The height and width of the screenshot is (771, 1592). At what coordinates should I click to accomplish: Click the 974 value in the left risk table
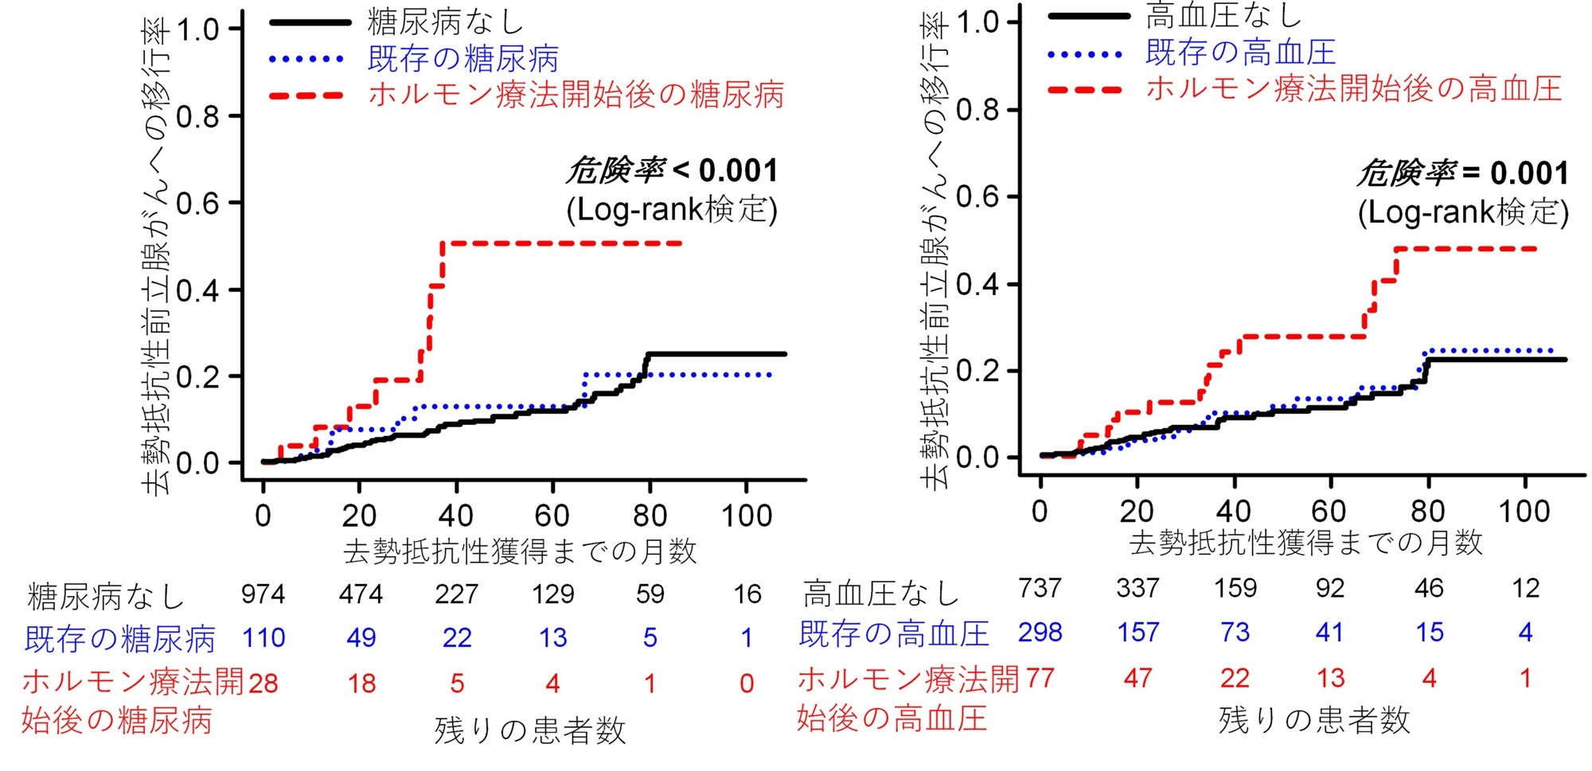click(263, 594)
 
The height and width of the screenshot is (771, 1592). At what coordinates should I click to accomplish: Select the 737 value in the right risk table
click(1040, 588)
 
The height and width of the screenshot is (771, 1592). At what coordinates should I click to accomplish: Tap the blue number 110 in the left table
click(263, 637)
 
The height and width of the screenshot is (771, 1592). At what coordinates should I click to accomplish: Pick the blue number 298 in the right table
click(1040, 633)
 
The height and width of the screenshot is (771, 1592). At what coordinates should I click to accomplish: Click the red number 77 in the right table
click(1040, 678)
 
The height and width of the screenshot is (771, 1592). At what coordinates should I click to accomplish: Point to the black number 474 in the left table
click(361, 594)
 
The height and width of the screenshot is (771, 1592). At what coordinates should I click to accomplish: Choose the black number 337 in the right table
click(1137, 588)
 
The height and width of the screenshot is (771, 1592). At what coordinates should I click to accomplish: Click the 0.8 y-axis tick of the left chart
click(197, 117)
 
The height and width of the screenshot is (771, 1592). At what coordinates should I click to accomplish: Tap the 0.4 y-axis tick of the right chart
click(977, 284)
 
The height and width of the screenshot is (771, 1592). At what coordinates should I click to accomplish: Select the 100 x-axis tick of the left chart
click(747, 516)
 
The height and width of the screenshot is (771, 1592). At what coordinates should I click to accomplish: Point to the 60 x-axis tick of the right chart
click(1329, 511)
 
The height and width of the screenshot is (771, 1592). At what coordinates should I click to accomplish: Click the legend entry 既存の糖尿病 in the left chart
click(462, 58)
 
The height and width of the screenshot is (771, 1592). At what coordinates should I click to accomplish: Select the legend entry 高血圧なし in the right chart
click(1223, 15)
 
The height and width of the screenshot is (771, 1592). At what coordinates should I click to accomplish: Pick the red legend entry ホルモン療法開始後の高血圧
click(1353, 88)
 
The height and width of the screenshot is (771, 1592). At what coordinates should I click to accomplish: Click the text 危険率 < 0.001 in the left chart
click(673, 170)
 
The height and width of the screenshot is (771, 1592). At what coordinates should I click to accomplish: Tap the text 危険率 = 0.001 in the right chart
click(1463, 173)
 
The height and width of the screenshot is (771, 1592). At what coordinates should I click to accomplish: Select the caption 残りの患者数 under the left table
click(530, 730)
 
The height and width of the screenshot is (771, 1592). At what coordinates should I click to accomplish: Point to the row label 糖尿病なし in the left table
click(106, 596)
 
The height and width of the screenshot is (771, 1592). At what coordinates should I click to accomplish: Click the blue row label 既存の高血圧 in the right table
click(894, 634)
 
